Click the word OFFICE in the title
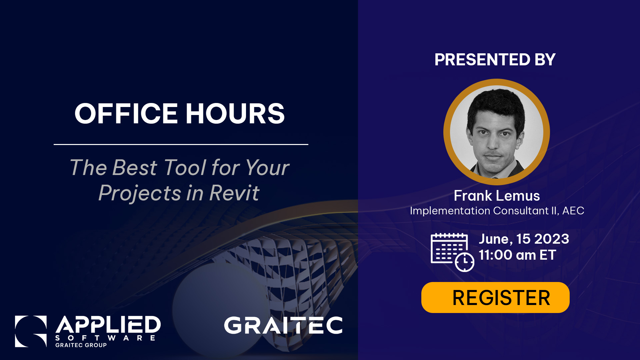[126, 114]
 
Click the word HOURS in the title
[235, 114]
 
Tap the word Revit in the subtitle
[234, 193]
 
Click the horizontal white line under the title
[181, 144]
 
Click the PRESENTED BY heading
[495, 60]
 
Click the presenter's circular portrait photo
[496, 132]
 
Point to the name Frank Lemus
[496, 196]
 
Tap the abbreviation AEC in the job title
[573, 211]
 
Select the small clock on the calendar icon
[464, 262]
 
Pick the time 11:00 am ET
[517, 255]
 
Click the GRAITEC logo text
[283, 325]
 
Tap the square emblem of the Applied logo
[31, 331]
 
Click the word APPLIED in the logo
[108, 325]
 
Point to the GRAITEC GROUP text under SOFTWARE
[81, 345]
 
